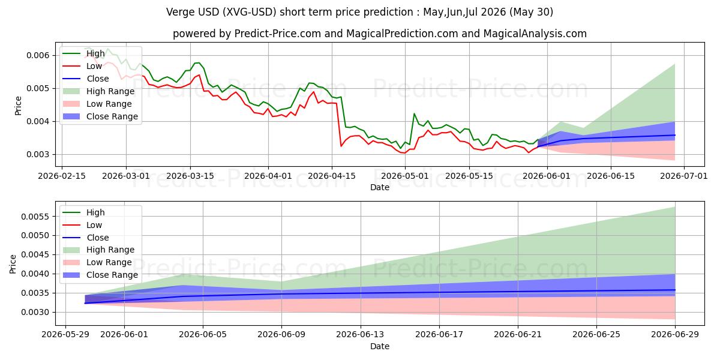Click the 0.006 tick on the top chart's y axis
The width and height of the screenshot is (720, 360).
[x=38, y=55]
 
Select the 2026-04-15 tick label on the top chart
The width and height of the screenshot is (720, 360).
[x=332, y=176]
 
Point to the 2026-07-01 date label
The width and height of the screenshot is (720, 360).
[x=683, y=176]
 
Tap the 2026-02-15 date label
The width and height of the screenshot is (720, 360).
[x=62, y=176]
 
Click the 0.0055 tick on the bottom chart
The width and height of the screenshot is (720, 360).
[x=35, y=217]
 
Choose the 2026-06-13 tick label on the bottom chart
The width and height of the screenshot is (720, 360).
[x=360, y=335]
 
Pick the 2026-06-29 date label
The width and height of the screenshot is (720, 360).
[x=675, y=335]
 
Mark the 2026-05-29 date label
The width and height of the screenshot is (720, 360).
[x=65, y=335]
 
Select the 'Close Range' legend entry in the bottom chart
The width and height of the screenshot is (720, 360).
[x=100, y=275]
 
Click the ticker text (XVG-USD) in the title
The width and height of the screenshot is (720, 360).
[x=249, y=12]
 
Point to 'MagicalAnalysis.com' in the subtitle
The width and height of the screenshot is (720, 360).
[x=535, y=34]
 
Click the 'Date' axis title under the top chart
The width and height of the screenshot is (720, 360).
[x=380, y=187]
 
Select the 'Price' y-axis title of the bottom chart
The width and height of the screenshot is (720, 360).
[x=13, y=264]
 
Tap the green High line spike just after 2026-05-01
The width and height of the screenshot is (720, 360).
[x=414, y=114]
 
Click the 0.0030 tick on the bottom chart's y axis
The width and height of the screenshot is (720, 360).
[x=35, y=313]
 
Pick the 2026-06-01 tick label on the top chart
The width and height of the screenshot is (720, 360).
[x=547, y=176]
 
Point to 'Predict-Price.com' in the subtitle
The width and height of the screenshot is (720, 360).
[x=277, y=34]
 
